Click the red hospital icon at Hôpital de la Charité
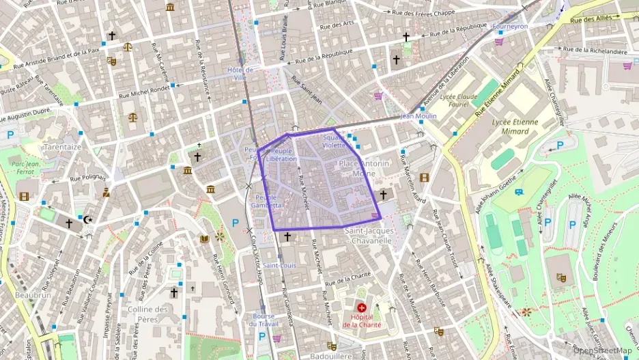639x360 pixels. point(362,308)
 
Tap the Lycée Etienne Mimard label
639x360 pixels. point(515,126)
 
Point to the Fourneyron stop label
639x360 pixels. point(510,26)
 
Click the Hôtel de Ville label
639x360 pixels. point(240,73)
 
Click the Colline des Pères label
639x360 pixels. point(147,314)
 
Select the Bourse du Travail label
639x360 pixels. point(264,320)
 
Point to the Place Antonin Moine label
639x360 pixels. point(364,168)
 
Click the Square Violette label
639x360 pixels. point(335,141)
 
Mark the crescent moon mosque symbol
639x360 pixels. point(87,220)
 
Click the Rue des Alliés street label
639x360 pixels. point(591,20)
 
